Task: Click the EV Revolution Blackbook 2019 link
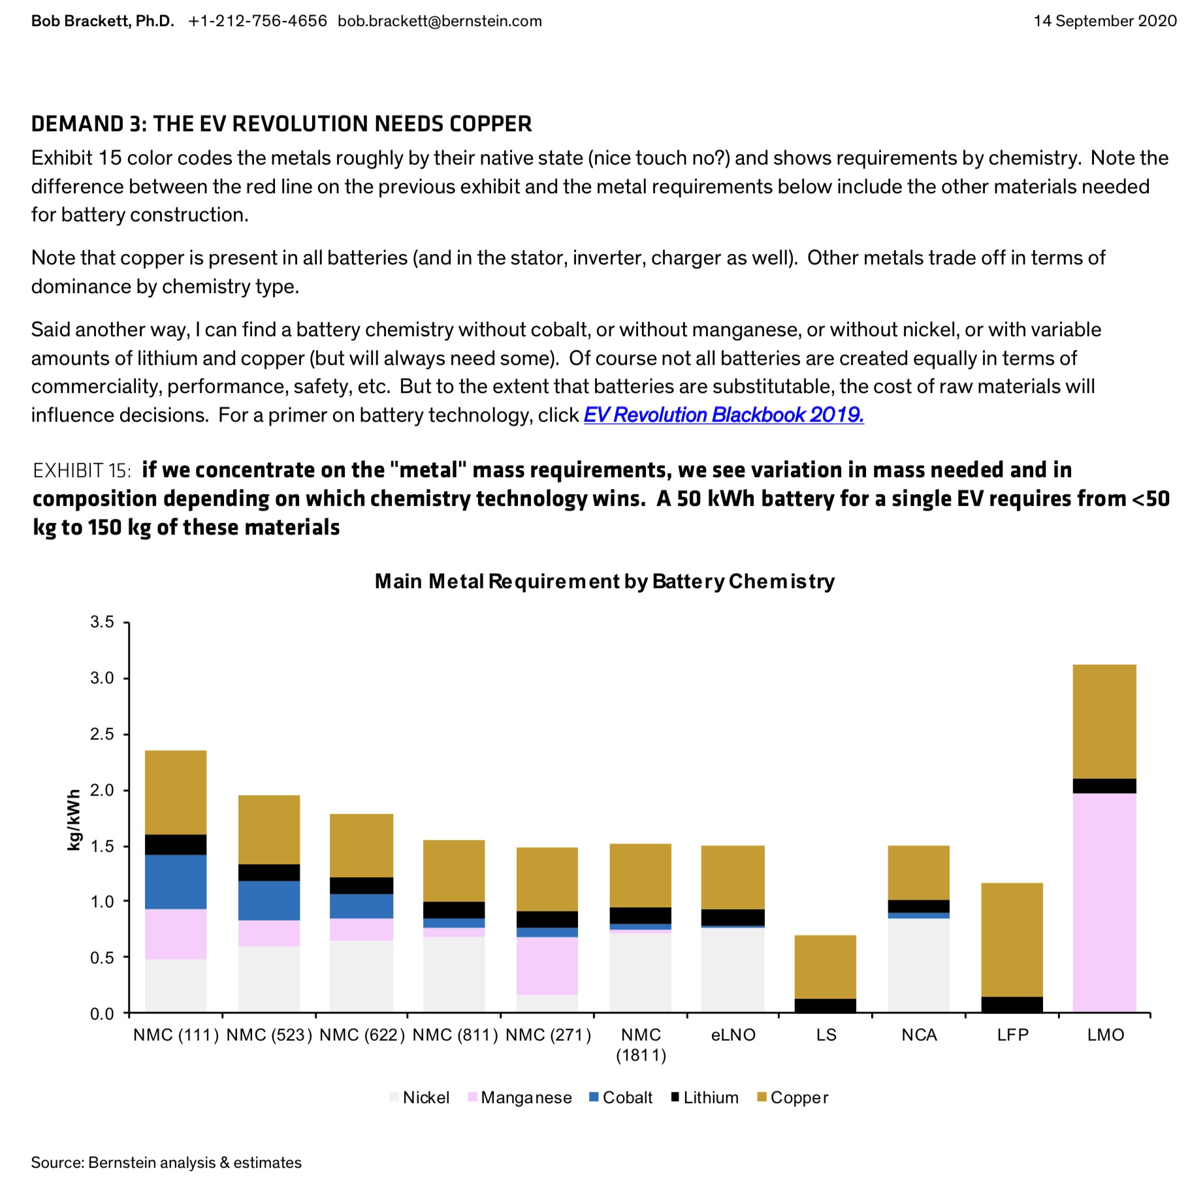724,415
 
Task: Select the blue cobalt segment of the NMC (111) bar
176,882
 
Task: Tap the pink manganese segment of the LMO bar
1104,903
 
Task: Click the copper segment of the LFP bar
1012,940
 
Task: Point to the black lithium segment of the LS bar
826,1006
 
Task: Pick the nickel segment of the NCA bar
919,965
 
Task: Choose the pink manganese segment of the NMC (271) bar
547,966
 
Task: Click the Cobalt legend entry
620,1097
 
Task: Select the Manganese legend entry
520,1097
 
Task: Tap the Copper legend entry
792,1097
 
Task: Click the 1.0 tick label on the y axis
103,901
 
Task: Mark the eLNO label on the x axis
733,1035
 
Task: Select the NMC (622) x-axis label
362,1035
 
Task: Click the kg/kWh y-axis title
74,820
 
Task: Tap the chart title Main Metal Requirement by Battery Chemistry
605,581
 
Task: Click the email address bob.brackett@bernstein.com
440,21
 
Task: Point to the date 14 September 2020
1105,21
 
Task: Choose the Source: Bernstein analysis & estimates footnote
167,1163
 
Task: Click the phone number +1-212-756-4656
257,21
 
